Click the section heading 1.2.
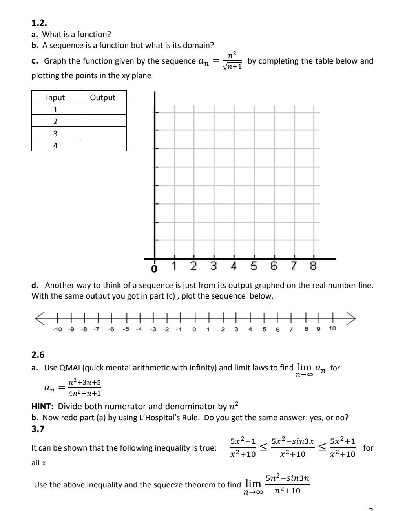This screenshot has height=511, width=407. (x=39, y=23)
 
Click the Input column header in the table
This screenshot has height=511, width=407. (x=55, y=97)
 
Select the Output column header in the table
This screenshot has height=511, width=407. (x=102, y=97)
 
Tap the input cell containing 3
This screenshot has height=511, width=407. (x=55, y=134)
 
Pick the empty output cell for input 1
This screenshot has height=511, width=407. (x=102, y=109)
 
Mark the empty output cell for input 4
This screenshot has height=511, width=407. (x=102, y=145)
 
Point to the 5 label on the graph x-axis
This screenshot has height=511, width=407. (x=254, y=266)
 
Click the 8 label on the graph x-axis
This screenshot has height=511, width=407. (x=313, y=266)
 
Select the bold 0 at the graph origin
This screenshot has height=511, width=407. (x=154, y=269)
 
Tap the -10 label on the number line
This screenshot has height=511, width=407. (x=57, y=329)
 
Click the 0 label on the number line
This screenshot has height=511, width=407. (x=194, y=329)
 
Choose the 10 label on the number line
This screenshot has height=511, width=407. (x=332, y=328)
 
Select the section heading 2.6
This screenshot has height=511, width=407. (x=38, y=355)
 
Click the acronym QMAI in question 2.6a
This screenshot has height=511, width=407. (x=69, y=368)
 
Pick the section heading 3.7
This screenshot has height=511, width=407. (x=38, y=429)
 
